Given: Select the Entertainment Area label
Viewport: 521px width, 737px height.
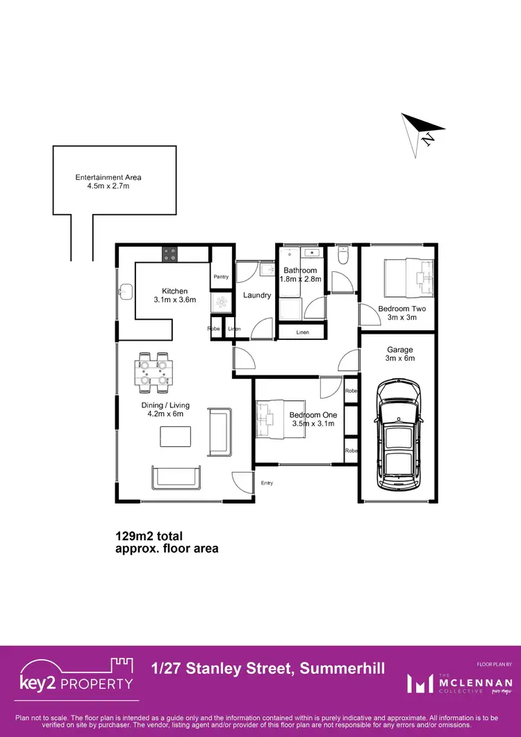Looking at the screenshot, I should pyautogui.click(x=108, y=182).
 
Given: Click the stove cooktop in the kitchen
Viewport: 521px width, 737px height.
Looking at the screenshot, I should pyautogui.click(x=170, y=254).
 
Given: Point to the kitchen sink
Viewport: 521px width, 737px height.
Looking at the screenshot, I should pyautogui.click(x=125, y=291).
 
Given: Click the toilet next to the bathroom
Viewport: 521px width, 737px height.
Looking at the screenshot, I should pyautogui.click(x=342, y=257).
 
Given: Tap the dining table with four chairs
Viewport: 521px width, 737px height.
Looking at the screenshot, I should pyautogui.click(x=154, y=368).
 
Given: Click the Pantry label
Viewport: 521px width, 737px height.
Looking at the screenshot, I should pyautogui.click(x=221, y=277).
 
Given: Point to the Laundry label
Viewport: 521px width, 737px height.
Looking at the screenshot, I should pyautogui.click(x=257, y=295).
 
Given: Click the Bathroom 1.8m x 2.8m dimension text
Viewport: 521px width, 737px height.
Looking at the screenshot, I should pyautogui.click(x=300, y=275).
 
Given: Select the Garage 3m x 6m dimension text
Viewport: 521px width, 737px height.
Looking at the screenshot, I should pyautogui.click(x=399, y=354).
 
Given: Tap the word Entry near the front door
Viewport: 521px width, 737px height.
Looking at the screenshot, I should pyautogui.click(x=267, y=483).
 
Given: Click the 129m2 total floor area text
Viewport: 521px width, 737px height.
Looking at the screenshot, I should pyautogui.click(x=167, y=542).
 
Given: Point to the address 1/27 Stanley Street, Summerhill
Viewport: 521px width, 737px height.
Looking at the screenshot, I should pyautogui.click(x=267, y=669).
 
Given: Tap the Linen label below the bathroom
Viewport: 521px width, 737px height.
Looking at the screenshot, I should pyautogui.click(x=302, y=332).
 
